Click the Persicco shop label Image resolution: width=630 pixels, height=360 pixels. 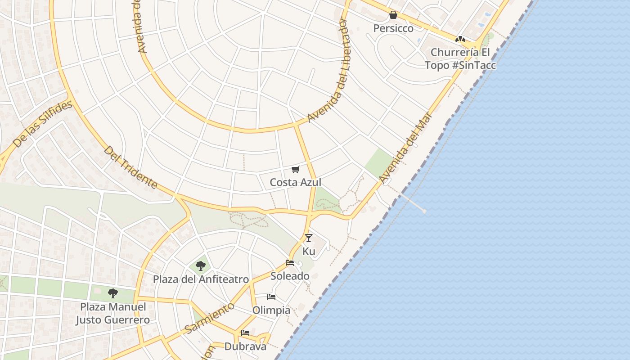pos(393,28)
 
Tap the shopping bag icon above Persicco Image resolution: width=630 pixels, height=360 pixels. pos(393,15)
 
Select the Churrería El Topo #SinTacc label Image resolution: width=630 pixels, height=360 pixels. pos(460,58)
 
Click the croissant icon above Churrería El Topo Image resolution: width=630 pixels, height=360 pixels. pos(460,39)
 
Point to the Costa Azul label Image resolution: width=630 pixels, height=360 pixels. pos(295,182)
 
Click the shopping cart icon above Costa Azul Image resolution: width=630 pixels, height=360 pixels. pos(295,169)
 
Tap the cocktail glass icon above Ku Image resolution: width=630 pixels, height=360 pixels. pos(308,238)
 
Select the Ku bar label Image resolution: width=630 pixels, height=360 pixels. pos(309,251)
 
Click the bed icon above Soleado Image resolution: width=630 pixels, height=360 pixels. pos(290,263)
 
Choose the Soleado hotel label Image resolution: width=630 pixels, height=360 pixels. pos(290,276)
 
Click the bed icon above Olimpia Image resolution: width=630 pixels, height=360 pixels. pos(271,297)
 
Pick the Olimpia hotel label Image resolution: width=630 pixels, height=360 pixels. pos(271,310)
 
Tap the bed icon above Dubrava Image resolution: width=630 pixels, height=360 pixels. pos(245,333)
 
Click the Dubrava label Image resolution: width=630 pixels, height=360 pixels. pos(245,346)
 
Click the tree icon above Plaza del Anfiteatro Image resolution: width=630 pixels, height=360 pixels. pos(201,266)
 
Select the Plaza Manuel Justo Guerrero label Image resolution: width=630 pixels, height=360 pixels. pos(112,314)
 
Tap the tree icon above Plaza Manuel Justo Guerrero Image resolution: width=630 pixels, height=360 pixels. pos(112,293)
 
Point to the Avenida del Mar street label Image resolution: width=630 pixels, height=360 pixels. pos(405,148)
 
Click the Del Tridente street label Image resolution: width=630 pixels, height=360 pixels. pos(130,167)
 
